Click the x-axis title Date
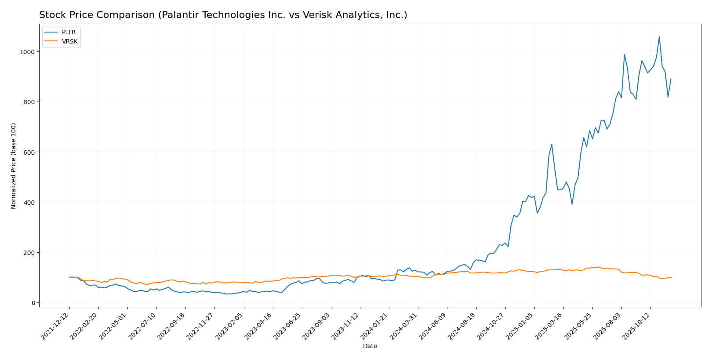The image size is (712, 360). click(x=370, y=346)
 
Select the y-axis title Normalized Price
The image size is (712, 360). click(x=14, y=166)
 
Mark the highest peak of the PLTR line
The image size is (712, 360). click(x=659, y=37)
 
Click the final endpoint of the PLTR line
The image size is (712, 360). click(x=671, y=79)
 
